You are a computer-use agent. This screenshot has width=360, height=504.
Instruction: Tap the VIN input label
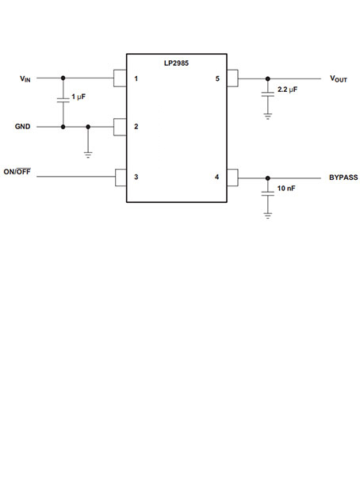click(25, 78)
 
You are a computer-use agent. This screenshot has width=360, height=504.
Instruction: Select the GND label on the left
click(24, 127)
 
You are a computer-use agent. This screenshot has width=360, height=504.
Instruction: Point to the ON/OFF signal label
click(17, 172)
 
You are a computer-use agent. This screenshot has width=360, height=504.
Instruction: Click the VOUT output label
click(339, 79)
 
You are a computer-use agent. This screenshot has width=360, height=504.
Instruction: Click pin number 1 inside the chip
click(136, 78)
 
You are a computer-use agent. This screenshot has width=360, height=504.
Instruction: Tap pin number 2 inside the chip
click(136, 127)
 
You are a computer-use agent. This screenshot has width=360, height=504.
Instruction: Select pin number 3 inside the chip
click(136, 176)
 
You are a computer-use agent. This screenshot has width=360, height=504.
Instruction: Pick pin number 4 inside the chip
click(216, 177)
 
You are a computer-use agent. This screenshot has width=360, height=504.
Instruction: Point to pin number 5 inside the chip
click(216, 78)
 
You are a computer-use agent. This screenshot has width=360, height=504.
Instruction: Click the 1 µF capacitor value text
click(79, 97)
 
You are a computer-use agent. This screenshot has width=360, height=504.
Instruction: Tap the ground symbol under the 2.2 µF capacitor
click(268, 115)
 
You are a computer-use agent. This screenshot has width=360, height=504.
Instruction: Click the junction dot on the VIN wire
click(63, 78)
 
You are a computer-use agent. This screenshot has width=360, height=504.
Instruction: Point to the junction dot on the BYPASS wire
click(268, 178)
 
